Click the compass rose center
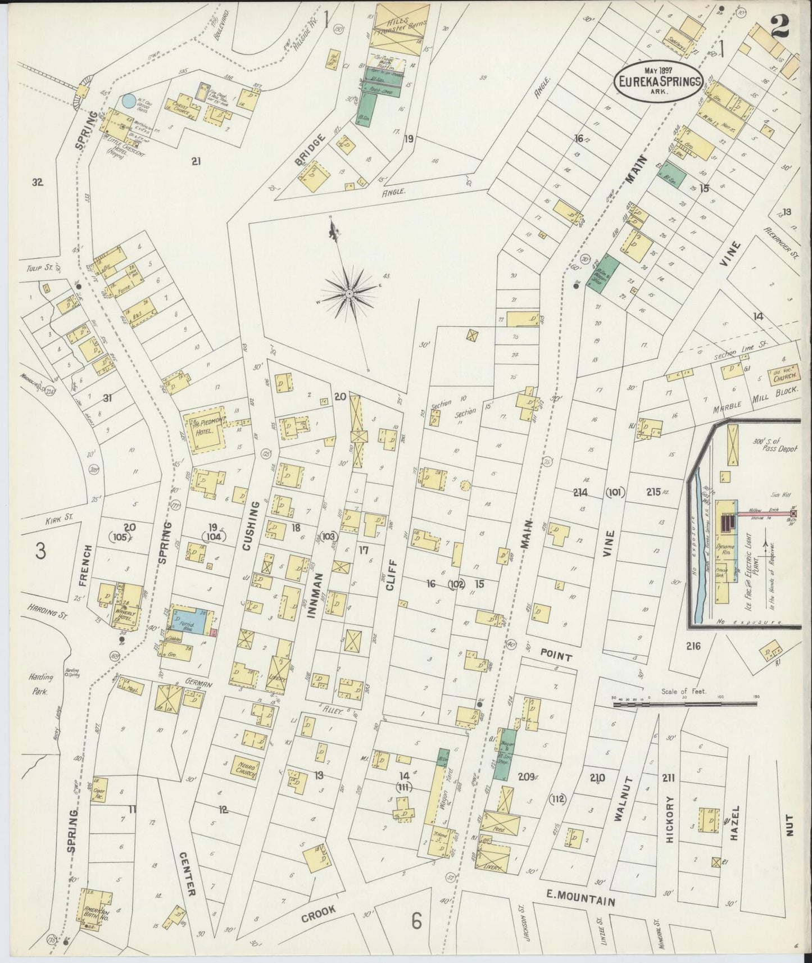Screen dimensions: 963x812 pos(349,293)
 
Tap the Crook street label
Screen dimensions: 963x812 pos(319,916)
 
